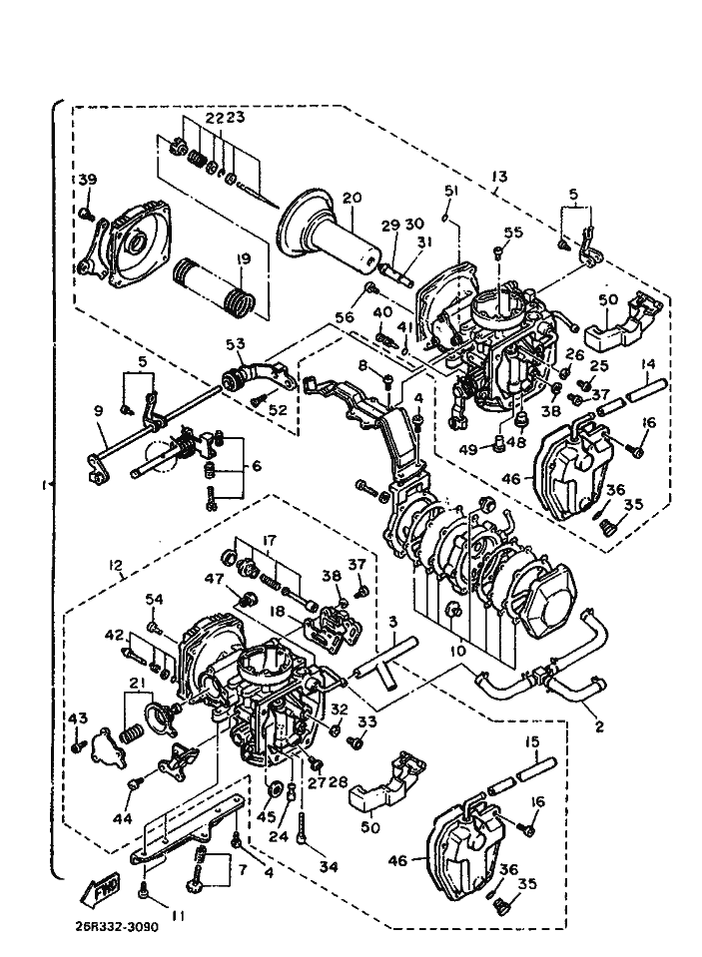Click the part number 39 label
pos(87,180)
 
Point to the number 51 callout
pos(450,192)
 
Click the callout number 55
pos(513,233)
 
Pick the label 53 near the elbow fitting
pos(235,345)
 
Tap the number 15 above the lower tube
pos(532,741)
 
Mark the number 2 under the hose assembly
pos(599,727)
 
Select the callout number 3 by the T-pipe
pos(393,622)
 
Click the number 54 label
pos(154,599)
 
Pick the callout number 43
pos(78,718)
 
